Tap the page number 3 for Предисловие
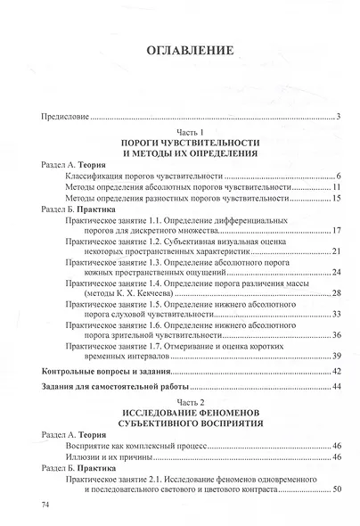tap(340, 117)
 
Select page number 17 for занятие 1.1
tap(337, 231)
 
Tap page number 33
tap(337, 314)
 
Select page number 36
tap(337, 335)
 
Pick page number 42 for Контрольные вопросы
tap(337, 371)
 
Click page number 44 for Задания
tap(337, 387)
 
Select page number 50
tap(337, 489)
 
